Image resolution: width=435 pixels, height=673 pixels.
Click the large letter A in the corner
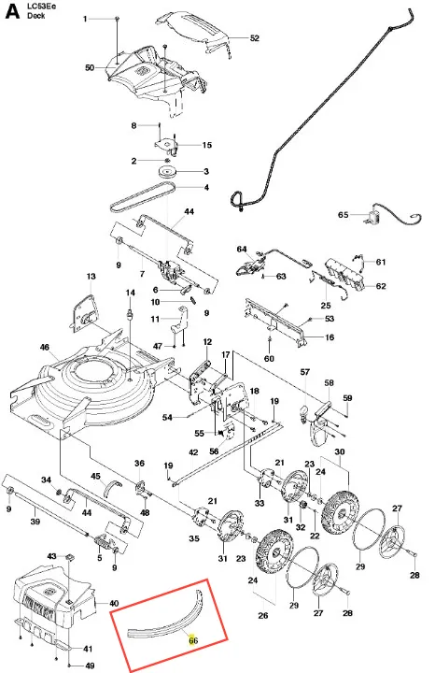coord(12,11)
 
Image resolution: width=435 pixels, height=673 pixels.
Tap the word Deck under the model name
coord(36,16)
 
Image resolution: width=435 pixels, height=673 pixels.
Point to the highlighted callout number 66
coord(193,640)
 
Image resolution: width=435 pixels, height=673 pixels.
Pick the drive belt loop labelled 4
coord(143,197)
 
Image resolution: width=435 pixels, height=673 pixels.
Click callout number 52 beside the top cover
coord(255,38)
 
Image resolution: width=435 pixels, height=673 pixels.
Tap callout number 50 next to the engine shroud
coord(90,68)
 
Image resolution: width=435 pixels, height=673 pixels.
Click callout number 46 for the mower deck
coord(45,347)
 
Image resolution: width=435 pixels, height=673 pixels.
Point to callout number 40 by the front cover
coord(114,604)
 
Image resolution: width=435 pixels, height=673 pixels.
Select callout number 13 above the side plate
coord(91,277)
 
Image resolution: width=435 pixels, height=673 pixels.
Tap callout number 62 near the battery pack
coord(381,286)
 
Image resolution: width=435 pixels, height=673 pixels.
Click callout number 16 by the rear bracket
coord(330,337)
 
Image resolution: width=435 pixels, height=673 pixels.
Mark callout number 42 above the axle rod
coord(193,452)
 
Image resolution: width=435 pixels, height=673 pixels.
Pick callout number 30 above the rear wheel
coord(340,451)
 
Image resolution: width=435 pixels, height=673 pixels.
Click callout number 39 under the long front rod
coord(35,521)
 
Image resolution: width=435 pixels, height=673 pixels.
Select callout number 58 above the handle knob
coord(330,382)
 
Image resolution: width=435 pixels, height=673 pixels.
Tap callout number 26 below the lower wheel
coord(263,615)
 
